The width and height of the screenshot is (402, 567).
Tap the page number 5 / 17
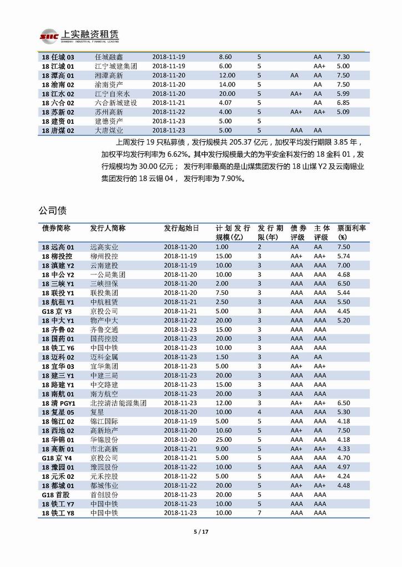pyautogui.click(x=200, y=532)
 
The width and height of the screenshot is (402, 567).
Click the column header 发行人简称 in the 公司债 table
pyautogui.click(x=107, y=228)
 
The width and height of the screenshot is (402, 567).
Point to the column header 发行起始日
pyautogui.click(x=181, y=228)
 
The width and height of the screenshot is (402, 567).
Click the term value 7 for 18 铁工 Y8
pyautogui.click(x=259, y=513)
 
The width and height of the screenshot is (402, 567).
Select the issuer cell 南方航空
pyautogui.click(x=104, y=394)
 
